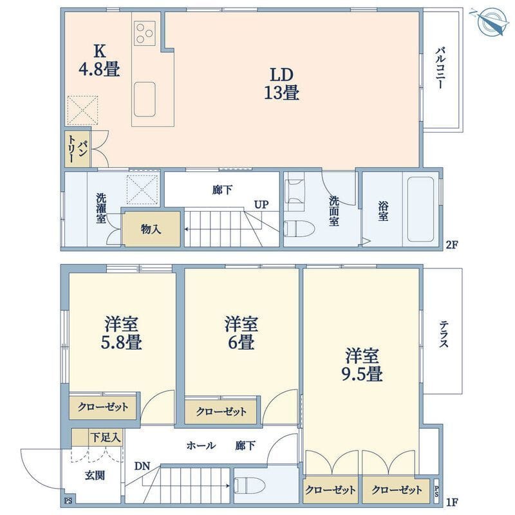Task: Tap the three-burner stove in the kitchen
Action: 145,32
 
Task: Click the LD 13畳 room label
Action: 281,83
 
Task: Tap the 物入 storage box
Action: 151,229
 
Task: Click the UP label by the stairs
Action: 261,205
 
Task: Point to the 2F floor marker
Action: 453,244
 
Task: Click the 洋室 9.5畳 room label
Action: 364,364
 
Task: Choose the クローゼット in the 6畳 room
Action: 220,411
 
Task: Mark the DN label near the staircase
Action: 142,466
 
